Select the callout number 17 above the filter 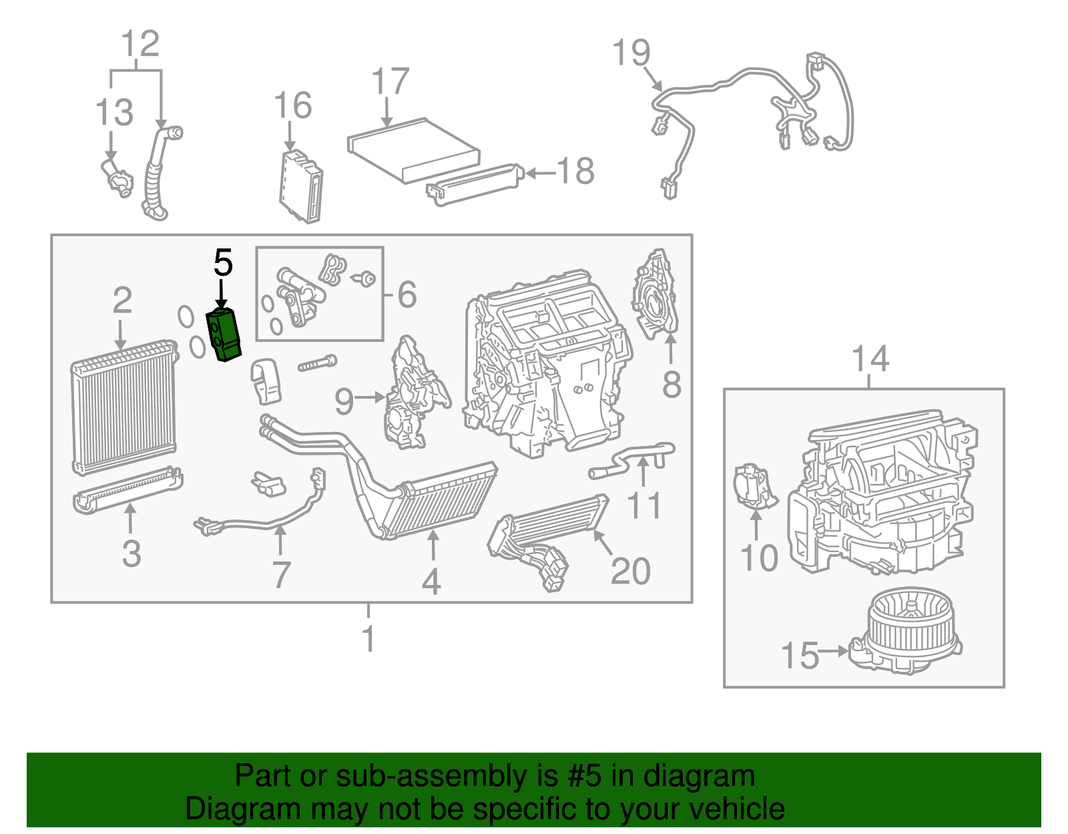[390, 82]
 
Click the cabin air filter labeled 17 [414, 150]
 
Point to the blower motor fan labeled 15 [908, 631]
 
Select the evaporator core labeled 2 [123, 407]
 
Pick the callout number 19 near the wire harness [631, 53]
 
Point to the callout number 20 [630, 571]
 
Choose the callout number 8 [672, 385]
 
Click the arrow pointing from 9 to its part [370, 398]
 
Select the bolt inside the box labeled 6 [366, 279]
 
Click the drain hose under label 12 [155, 177]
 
